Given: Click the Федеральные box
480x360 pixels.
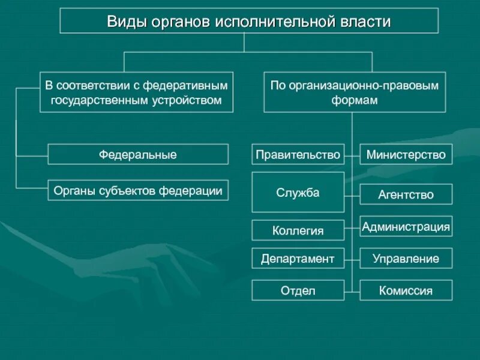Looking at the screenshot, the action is click(x=138, y=154).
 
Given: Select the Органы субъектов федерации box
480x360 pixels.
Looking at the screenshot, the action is click(x=138, y=191).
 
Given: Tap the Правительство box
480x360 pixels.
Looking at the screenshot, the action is click(x=298, y=154).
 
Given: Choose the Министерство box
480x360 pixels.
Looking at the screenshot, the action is click(x=406, y=154).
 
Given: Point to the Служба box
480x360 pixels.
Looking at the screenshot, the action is click(x=298, y=193).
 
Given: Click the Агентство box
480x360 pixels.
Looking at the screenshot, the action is click(x=406, y=194).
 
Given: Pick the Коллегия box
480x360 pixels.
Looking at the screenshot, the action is click(x=298, y=230).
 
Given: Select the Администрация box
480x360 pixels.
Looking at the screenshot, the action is click(x=406, y=227).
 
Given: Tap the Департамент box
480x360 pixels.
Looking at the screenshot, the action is click(x=298, y=259).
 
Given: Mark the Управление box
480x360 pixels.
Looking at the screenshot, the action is click(x=406, y=259).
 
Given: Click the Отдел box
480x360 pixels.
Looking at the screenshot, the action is click(x=298, y=291).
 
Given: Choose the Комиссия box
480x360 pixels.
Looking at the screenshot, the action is click(x=406, y=291).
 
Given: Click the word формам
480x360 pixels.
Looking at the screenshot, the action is click(x=355, y=100).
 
